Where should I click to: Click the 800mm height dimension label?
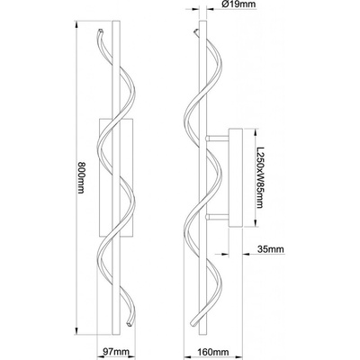[81, 177]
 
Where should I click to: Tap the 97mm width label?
[115, 351]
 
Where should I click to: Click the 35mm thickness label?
[270, 249]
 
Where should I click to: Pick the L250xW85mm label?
[260, 177]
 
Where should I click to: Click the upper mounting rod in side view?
[217, 139]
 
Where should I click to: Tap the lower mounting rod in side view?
[217, 217]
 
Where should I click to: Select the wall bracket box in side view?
[236, 177]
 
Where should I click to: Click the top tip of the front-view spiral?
[101, 31]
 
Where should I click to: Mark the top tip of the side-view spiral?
[196, 31]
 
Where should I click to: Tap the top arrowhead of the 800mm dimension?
[76, 24]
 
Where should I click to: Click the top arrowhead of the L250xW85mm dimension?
[256, 132]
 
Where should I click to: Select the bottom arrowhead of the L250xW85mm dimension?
[256, 223]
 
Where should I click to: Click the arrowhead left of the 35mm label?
[225, 254]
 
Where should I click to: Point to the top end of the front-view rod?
[115, 21]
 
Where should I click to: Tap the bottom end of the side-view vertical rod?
[202, 335]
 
